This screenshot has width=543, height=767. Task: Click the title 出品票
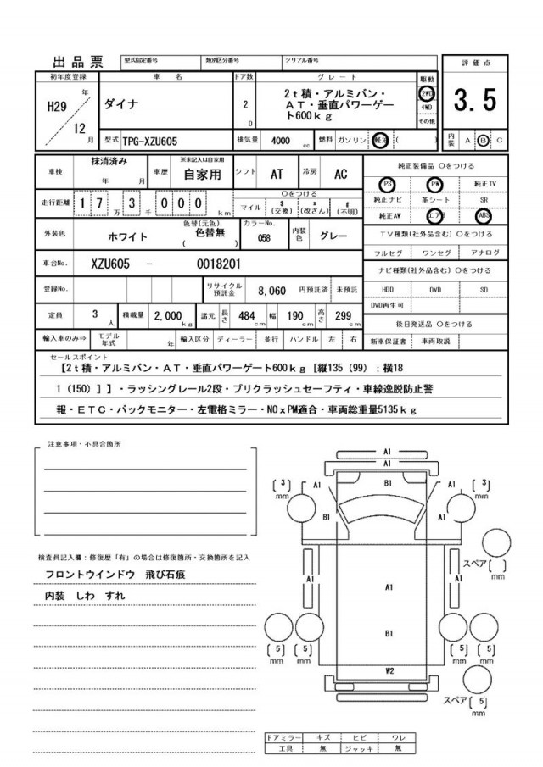[78, 61]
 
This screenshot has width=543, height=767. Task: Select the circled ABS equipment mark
[484, 214]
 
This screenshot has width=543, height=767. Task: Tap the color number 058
[264, 238]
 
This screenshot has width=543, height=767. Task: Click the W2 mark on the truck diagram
[389, 670]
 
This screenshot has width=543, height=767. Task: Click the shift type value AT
[276, 174]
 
